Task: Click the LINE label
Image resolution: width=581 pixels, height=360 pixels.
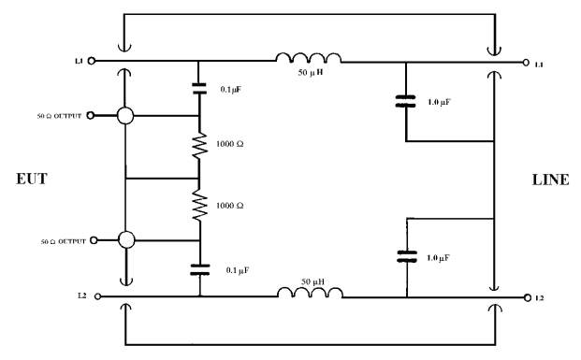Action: [x=548, y=180]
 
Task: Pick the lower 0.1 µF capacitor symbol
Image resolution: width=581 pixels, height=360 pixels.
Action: [x=199, y=270]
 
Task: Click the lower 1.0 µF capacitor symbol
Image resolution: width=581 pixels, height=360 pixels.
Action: [x=406, y=254]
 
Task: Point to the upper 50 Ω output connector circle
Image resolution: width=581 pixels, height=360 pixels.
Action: [x=125, y=117]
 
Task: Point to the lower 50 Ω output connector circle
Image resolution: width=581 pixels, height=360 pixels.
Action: [x=125, y=240]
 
